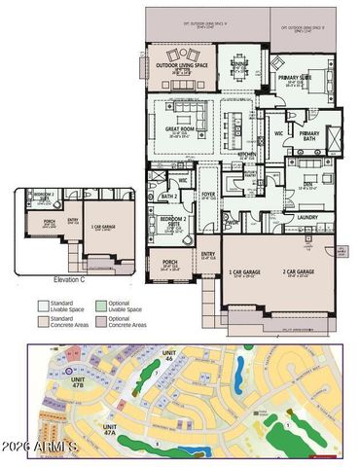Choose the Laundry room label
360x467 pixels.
307,217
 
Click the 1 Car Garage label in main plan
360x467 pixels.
245,271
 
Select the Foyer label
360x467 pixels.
207,194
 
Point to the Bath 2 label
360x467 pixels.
168,197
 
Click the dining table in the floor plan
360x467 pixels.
238,64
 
